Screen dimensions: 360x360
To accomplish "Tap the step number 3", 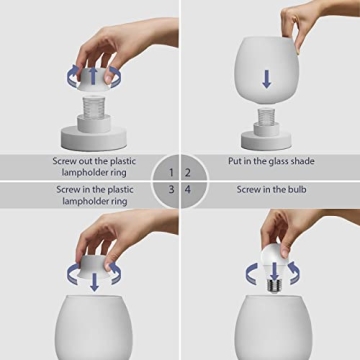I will tap(171, 188).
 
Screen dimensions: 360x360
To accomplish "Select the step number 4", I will tap(188, 188).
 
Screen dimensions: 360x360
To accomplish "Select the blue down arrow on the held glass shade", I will tap(266, 78).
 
